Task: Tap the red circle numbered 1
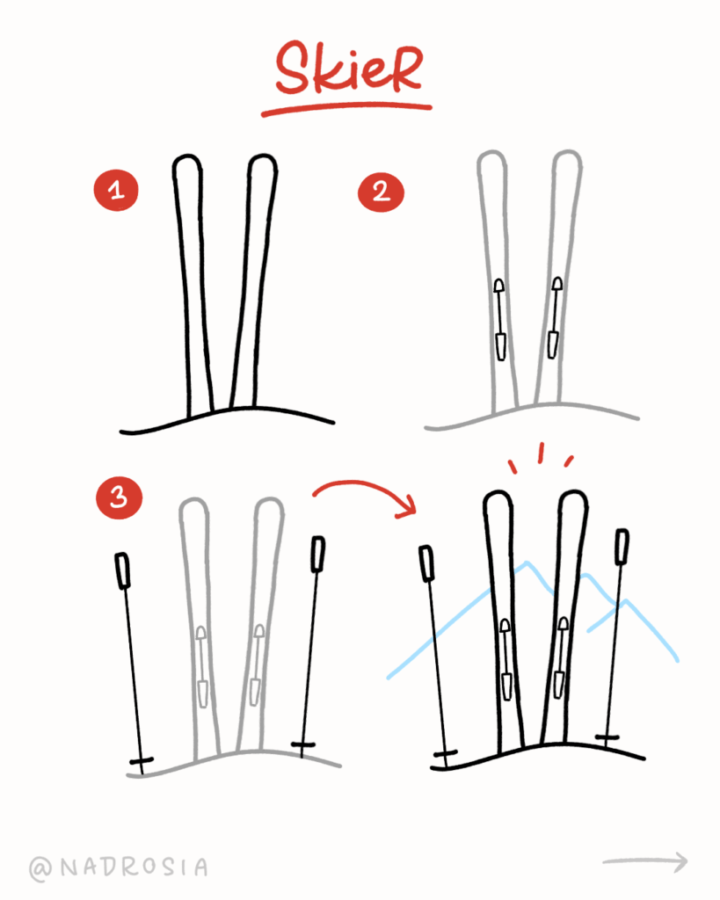pyautogui.click(x=115, y=190)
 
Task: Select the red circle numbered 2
pyautogui.click(x=380, y=191)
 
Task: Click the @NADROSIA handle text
pyautogui.click(x=119, y=867)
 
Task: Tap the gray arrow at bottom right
pyautogui.click(x=645, y=860)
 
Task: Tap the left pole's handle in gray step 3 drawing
pyautogui.click(x=123, y=570)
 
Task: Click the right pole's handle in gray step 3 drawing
pyautogui.click(x=317, y=554)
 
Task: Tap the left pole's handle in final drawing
pyautogui.click(x=428, y=562)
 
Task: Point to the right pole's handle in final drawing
pyautogui.click(x=622, y=546)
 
